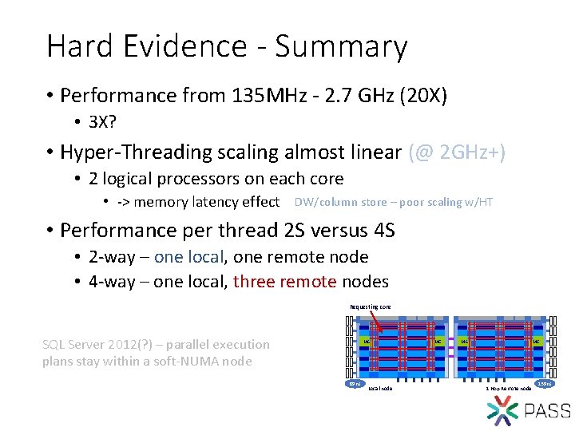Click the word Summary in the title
341,48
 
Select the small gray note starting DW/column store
393,202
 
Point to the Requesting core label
370,306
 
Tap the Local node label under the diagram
381,389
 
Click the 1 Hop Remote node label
508,389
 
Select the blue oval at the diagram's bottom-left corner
354,385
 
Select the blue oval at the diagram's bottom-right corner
545,385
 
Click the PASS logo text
547,411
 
